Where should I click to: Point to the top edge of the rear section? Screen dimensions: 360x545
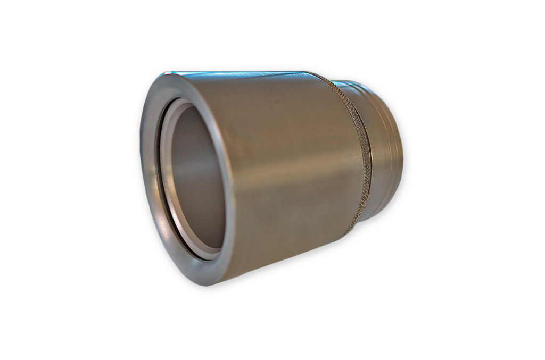pyautogui.click(x=351, y=81)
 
